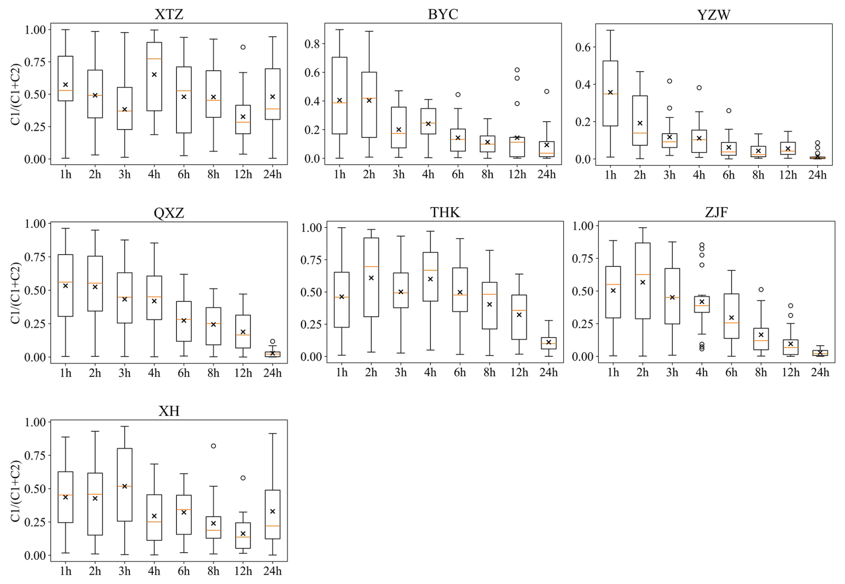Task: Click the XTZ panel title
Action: pos(169,14)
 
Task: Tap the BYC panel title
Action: pos(443,14)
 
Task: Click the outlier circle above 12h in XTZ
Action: pos(243,47)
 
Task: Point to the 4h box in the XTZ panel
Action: pos(154,76)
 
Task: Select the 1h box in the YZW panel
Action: pos(610,93)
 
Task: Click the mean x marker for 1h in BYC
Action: pos(339,100)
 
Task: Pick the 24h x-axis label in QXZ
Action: pos(272,373)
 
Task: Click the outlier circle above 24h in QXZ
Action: pos(272,342)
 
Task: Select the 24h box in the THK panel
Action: pos(548,343)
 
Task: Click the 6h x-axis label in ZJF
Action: pos(731,372)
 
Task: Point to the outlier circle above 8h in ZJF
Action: pos(761,290)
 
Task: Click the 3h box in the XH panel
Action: pos(125,484)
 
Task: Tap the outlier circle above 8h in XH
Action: pos(213,446)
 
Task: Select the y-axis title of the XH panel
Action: pos(16,491)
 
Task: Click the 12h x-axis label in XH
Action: pos(243,571)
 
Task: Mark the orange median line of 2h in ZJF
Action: pos(643,274)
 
